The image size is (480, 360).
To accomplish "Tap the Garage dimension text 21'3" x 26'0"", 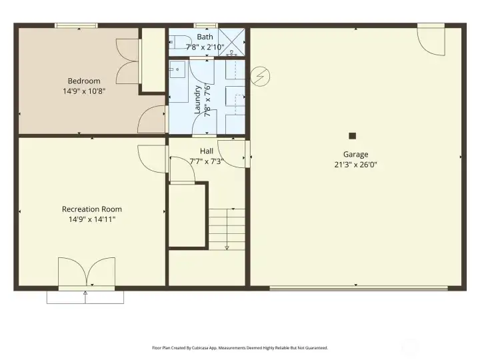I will coord(356,165).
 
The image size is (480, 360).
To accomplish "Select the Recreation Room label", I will coord(92,209).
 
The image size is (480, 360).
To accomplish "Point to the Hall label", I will coord(206,151).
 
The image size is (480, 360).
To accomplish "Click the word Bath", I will coord(205,37).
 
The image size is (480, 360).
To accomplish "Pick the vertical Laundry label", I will coord(197,99).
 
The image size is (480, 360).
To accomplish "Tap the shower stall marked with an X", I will coord(231,40).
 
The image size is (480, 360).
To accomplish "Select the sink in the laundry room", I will coord(177,69).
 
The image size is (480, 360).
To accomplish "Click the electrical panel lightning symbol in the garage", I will coord(260,77).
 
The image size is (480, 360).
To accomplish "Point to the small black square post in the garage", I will coord(353,135).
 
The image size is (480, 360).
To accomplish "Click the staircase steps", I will coord(227,227).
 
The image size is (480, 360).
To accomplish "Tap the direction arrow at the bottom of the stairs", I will coord(227,247).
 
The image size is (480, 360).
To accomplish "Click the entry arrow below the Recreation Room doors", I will coord(85,293).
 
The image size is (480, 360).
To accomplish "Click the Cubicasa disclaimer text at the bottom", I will coord(240,347).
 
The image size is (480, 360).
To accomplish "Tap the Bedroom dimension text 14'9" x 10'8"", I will coord(83,91).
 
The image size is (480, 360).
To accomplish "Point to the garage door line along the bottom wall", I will coord(358,288).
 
